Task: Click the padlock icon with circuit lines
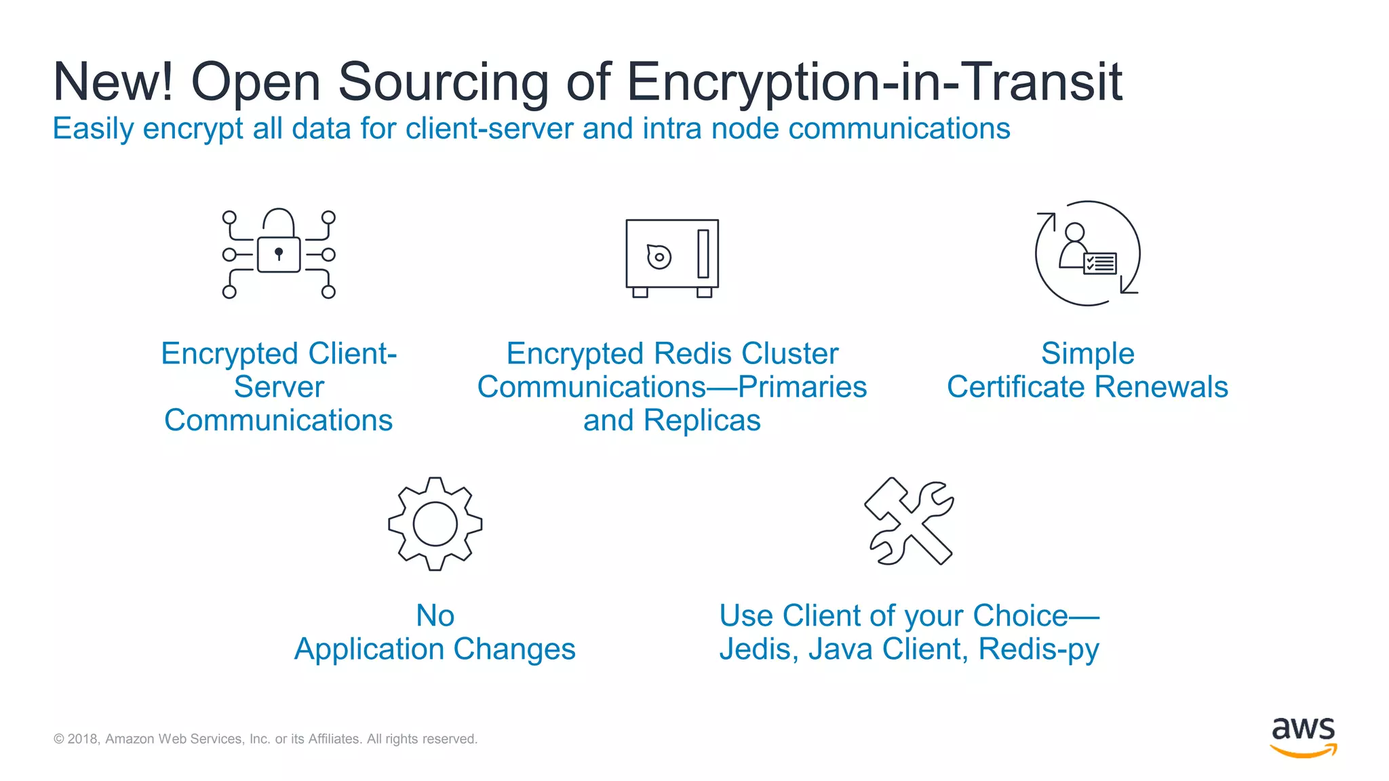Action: pos(279,254)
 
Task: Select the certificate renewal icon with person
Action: pos(1087,254)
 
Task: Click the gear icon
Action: pos(435,524)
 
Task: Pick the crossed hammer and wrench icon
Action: pos(909,521)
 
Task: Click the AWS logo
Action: pos(1303,736)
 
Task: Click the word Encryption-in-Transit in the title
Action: pos(874,82)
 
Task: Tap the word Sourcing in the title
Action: pos(443,82)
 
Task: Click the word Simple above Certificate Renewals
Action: pos(1087,353)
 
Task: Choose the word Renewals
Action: pos(1161,387)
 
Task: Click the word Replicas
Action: pos(702,420)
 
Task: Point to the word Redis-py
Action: pos(1038,649)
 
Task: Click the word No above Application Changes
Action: pos(435,616)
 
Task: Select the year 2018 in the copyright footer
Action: pos(83,739)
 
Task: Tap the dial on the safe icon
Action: pos(659,256)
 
